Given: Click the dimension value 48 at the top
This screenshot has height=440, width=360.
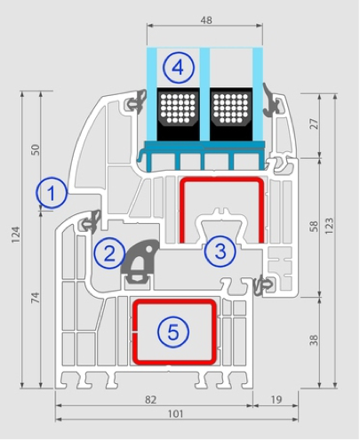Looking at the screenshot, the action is click(x=206, y=20).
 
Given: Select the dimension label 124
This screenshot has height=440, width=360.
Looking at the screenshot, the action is click(x=16, y=235).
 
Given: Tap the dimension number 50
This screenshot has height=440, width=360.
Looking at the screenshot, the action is click(x=36, y=149).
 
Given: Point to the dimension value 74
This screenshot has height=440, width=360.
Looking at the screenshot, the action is click(x=36, y=297).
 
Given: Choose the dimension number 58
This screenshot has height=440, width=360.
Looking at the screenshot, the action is click(x=314, y=227).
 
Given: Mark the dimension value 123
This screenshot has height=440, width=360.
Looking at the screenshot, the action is click(x=329, y=226).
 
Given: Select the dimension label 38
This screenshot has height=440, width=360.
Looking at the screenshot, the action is click(x=314, y=340).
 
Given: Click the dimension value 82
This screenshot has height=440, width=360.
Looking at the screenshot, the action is click(x=150, y=400).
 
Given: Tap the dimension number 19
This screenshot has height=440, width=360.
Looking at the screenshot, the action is click(x=276, y=400).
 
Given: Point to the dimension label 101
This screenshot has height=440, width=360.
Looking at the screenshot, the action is click(x=175, y=413).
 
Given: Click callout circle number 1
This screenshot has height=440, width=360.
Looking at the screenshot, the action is click(x=52, y=193).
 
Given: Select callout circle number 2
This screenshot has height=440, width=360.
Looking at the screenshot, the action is click(x=109, y=253).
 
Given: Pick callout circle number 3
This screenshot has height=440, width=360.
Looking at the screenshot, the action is click(x=220, y=252).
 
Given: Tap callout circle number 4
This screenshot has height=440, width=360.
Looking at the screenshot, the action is click(x=179, y=68).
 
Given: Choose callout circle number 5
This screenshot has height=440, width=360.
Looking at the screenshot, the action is click(x=173, y=332).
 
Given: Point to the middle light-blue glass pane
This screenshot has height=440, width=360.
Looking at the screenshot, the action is click(x=204, y=94).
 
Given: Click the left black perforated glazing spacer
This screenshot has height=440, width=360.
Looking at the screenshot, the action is click(x=178, y=114).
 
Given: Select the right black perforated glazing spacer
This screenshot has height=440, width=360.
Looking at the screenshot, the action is click(x=231, y=114).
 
